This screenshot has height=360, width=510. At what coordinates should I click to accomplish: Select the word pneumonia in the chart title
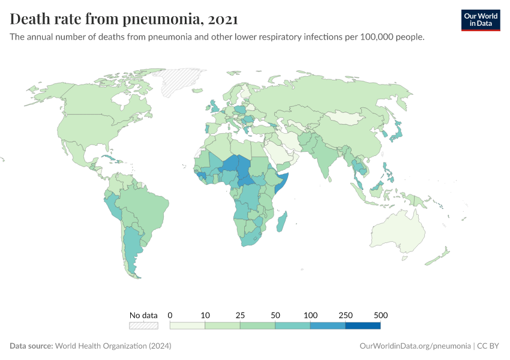162,19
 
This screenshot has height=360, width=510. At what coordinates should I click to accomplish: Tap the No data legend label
143,315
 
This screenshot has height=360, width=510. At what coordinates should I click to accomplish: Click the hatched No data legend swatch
143,325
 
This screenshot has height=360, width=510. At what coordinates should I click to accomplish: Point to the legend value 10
205,315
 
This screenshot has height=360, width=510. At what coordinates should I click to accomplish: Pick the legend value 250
346,315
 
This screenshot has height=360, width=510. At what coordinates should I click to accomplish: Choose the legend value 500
380,315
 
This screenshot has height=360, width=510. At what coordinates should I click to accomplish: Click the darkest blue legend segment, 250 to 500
363,325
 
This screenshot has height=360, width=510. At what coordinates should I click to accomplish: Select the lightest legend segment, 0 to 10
188,325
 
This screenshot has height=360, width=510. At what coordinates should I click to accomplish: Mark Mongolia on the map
348,117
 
